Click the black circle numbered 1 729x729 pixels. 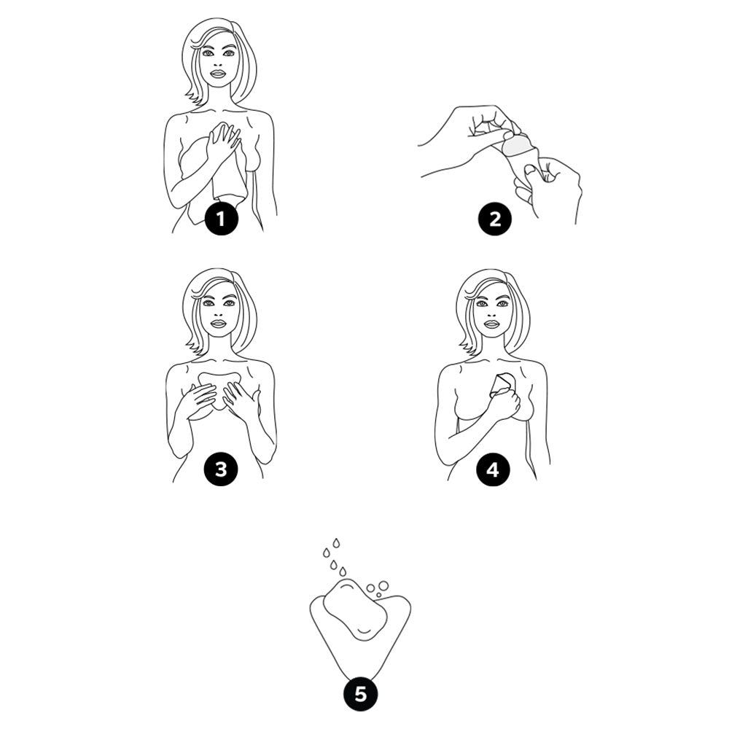[x=221, y=219]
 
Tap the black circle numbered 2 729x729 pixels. [x=495, y=219]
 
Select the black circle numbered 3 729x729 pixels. [x=221, y=469]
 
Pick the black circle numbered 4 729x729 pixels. [x=493, y=469]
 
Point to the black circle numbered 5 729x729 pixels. [x=360, y=695]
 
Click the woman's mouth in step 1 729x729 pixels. [x=217, y=74]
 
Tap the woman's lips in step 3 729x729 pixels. [x=217, y=324]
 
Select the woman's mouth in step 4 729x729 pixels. [x=491, y=324]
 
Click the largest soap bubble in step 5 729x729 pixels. [x=383, y=585]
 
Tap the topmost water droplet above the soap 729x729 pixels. [x=336, y=543]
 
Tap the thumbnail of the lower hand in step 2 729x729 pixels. [x=529, y=171]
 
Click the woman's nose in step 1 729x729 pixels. [x=217, y=62]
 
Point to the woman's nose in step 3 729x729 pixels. [x=217, y=311]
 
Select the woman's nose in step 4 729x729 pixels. [x=490, y=311]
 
